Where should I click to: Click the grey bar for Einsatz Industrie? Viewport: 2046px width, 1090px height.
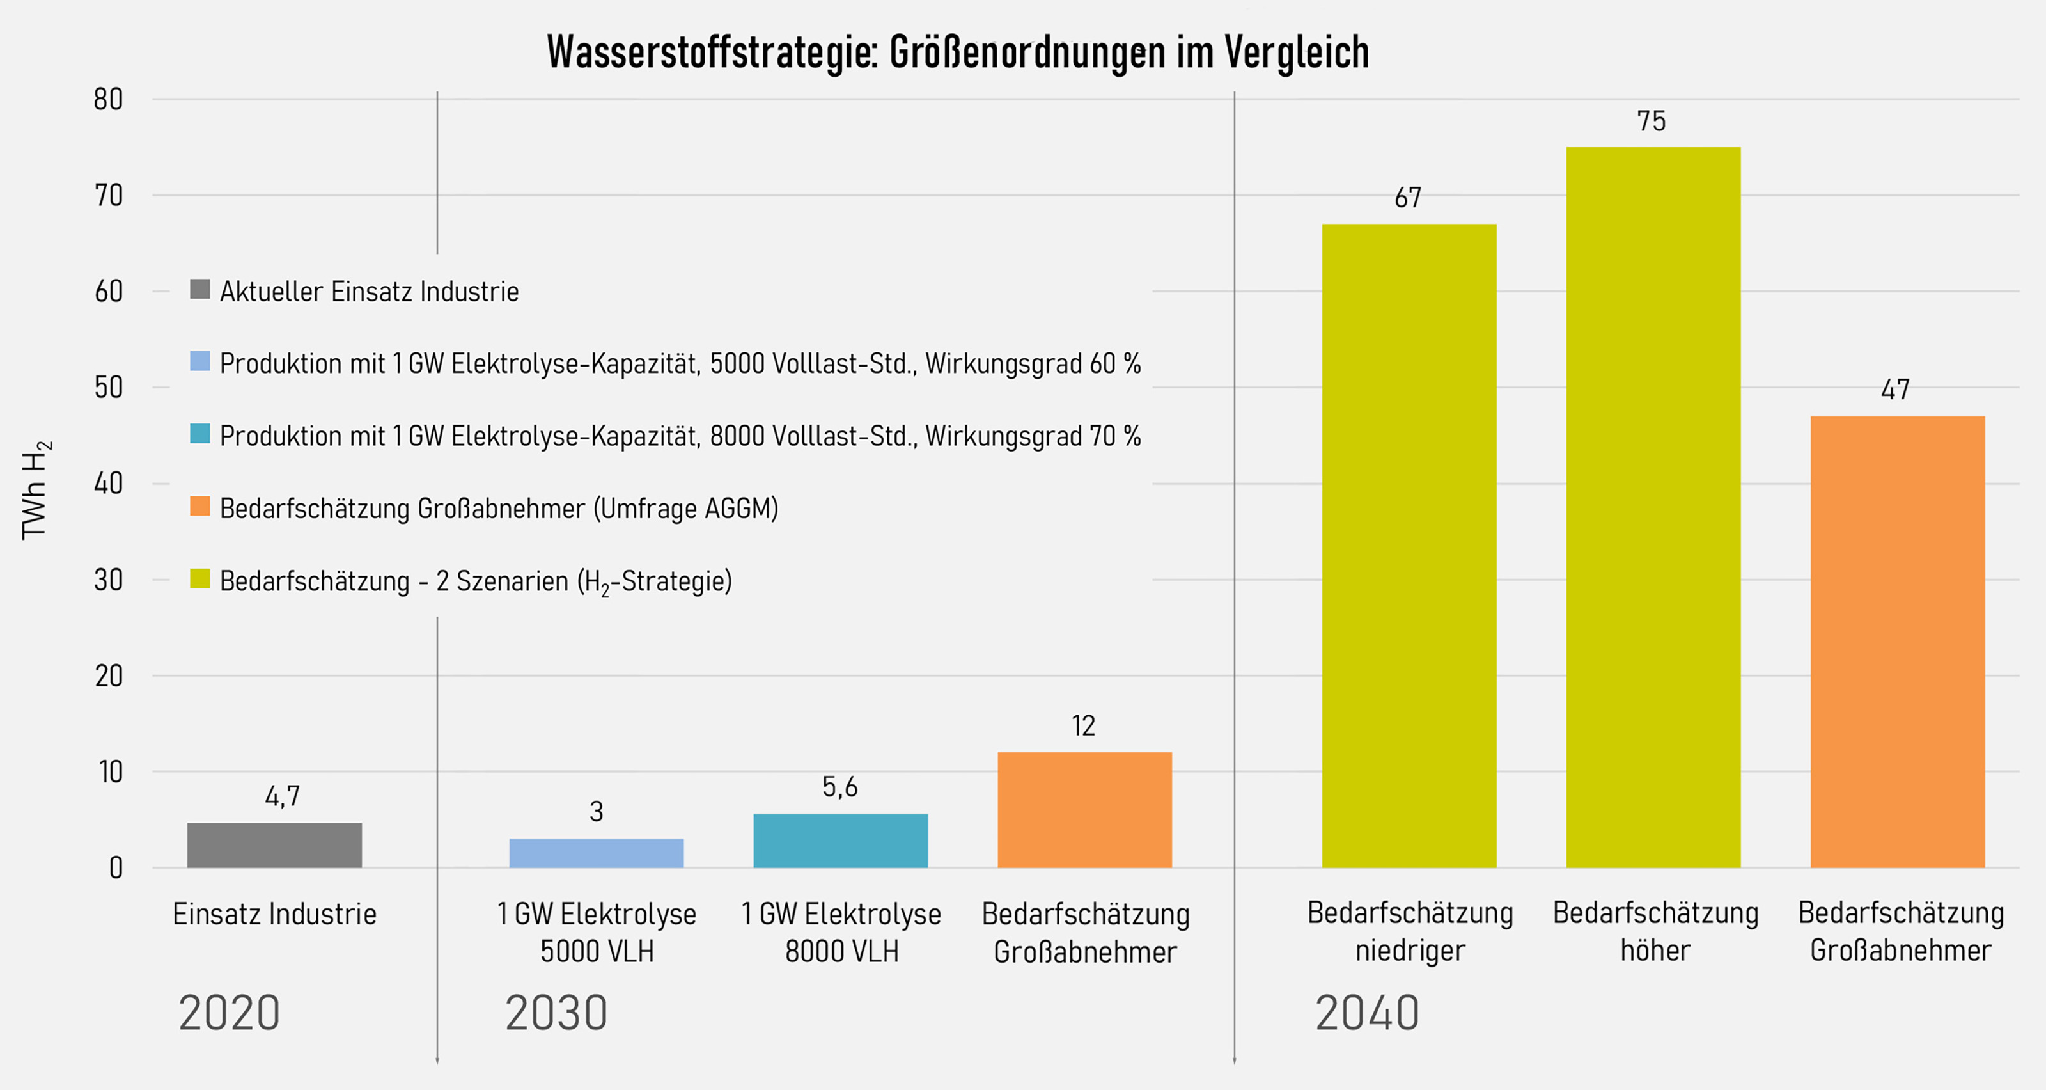274,844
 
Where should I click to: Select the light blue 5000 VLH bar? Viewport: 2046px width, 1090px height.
596,853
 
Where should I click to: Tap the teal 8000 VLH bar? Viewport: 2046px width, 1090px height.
840,840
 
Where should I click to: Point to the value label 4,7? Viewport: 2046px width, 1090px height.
282,795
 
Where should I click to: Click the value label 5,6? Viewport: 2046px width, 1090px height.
839,787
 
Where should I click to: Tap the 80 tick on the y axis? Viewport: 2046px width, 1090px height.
108,99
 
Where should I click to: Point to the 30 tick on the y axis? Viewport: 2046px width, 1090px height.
108,580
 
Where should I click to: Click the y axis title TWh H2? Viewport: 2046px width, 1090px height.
36,489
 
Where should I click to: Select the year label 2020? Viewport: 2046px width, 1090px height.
229,1013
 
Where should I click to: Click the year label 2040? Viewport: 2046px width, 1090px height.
1367,1013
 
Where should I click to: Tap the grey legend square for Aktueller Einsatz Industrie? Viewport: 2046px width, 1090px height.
200,289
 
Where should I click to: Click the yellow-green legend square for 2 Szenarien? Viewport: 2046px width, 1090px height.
200,578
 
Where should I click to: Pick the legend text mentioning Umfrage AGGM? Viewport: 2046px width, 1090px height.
499,509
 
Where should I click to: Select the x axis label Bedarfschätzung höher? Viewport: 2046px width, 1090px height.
1655,931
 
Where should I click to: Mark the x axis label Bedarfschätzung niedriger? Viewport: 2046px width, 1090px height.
1410,931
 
